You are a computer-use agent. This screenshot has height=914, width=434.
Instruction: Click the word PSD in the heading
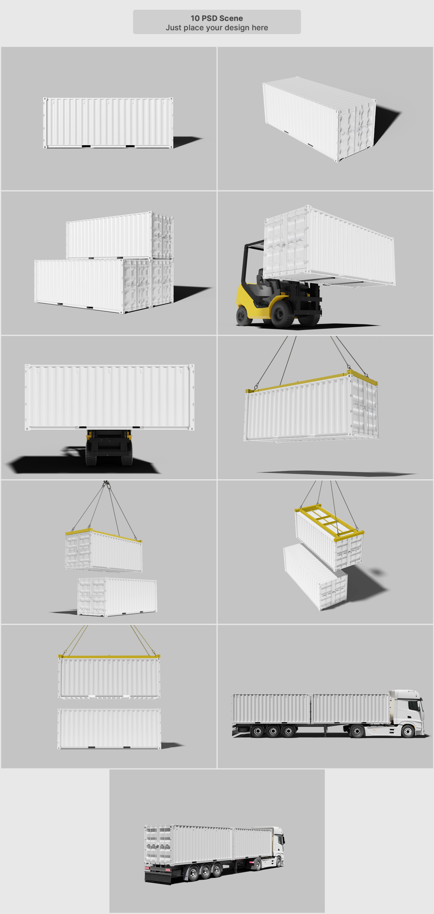(209, 18)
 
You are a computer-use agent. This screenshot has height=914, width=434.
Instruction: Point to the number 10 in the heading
(195, 18)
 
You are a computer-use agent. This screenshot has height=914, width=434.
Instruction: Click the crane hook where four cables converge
(106, 485)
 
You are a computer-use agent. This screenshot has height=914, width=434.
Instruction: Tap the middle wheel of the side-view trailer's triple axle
(273, 731)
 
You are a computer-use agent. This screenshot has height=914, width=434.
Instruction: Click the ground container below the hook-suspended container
(117, 597)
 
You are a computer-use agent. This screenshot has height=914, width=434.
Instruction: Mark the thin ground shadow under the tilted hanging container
(337, 473)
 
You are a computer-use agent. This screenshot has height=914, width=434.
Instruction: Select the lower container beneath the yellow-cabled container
(109, 729)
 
